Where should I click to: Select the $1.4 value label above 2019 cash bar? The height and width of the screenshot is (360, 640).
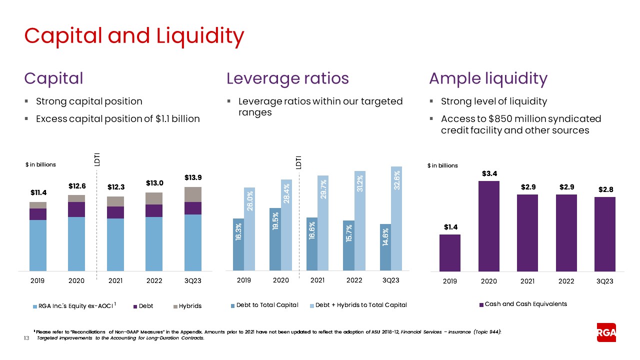pyautogui.click(x=449, y=227)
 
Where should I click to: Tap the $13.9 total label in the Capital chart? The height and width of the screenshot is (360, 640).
pyautogui.click(x=193, y=177)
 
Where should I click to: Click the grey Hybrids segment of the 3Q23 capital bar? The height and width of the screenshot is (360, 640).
pyautogui.click(x=193, y=194)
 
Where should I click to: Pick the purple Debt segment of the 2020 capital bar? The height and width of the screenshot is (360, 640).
pyautogui.click(x=76, y=209)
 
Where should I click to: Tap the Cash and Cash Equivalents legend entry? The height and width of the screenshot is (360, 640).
pyautogui.click(x=523, y=304)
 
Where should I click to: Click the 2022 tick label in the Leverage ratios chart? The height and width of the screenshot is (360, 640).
pyautogui.click(x=354, y=280)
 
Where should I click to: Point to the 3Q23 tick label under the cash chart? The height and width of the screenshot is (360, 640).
pyautogui.click(x=605, y=281)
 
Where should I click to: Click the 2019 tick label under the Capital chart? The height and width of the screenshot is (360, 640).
pyautogui.click(x=37, y=281)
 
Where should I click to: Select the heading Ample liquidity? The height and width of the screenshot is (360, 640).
pyautogui.click(x=488, y=78)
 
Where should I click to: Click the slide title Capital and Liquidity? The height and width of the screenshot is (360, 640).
pyautogui.click(x=134, y=35)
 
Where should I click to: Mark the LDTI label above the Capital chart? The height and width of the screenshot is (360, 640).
pyautogui.click(x=97, y=159)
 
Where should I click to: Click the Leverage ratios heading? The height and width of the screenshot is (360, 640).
pyautogui.click(x=287, y=78)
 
